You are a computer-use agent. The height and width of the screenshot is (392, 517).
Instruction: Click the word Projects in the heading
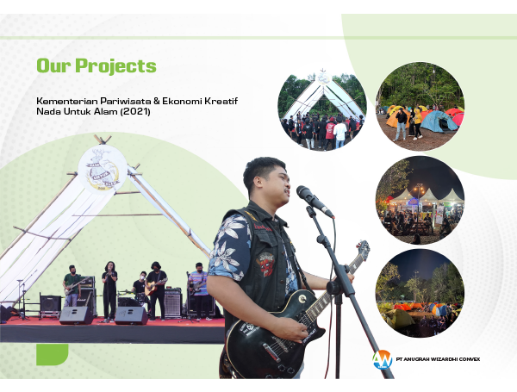click(115, 66)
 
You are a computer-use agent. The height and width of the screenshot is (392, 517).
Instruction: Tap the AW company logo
click(383, 359)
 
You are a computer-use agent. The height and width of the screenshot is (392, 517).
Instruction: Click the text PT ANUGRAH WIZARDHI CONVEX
click(438, 359)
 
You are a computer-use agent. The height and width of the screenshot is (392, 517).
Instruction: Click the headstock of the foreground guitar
click(362, 249)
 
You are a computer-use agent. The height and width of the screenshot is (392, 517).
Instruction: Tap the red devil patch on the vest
click(266, 264)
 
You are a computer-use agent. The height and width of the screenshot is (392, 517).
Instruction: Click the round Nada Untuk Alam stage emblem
click(103, 170)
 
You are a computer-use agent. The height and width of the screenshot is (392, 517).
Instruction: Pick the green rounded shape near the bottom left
click(52, 354)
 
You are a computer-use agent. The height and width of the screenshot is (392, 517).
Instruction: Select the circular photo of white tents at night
click(420, 200)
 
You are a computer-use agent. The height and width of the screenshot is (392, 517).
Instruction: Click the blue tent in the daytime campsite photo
click(439, 121)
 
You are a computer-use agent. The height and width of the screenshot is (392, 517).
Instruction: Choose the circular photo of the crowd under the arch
click(322, 112)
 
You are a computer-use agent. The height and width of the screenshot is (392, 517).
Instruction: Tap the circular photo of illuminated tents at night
click(420, 293)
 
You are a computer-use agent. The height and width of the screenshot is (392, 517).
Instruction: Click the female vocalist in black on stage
click(109, 291)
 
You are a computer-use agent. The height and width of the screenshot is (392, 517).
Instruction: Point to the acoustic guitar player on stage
click(156, 289)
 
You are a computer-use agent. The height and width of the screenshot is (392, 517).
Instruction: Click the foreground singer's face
click(277, 184)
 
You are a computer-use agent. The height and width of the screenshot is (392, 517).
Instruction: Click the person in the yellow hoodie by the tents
click(417, 123)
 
